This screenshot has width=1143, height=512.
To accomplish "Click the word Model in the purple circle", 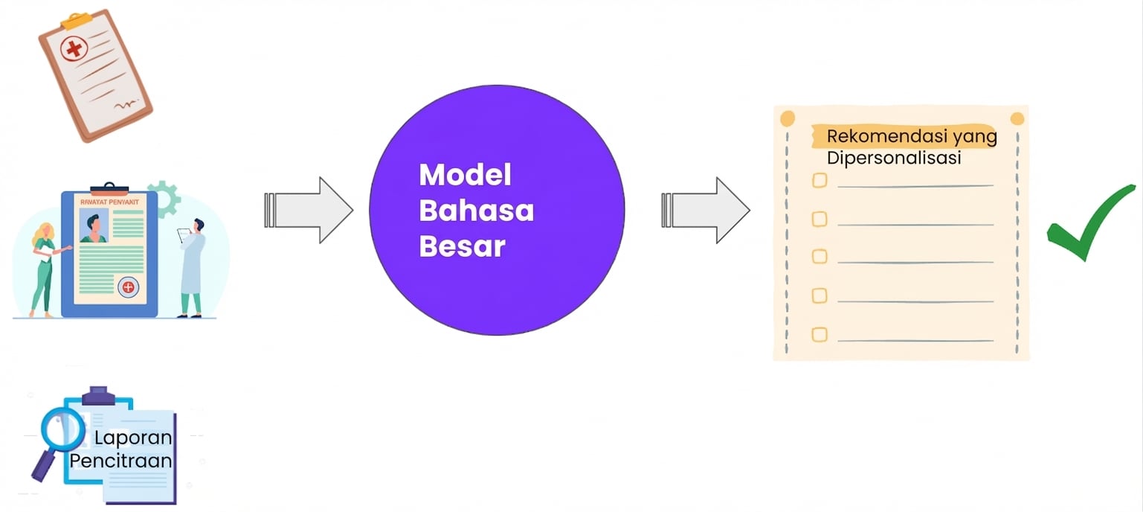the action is tap(465, 175).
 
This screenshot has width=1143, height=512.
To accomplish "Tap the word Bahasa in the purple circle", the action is tap(476, 211).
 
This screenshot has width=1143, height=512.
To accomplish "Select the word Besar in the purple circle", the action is tap(462, 246).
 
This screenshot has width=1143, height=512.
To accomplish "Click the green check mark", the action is tap(1091, 223).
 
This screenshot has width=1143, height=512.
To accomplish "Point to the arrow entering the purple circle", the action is tap(309, 211).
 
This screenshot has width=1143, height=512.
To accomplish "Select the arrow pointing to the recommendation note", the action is tap(706, 211).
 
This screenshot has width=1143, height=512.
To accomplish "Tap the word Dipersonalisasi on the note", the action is tap(894, 158).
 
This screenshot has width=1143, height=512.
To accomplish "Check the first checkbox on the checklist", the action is tap(820, 180).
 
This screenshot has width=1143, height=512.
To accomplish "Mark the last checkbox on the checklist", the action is tap(820, 334).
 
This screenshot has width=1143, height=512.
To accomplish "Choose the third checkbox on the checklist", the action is tap(820, 256).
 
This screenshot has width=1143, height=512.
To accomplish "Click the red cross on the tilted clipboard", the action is tap(74, 48).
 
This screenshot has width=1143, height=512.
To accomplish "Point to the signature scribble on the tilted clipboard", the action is tap(126, 105).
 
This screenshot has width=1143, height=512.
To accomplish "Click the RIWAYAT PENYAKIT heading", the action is tap(110, 202).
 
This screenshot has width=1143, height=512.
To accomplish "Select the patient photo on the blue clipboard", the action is tap(94, 225).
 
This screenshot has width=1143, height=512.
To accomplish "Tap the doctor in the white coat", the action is tap(193, 268).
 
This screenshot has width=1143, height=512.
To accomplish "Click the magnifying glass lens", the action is tap(62, 429).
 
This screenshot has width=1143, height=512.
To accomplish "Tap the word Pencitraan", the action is tap(121, 461).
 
